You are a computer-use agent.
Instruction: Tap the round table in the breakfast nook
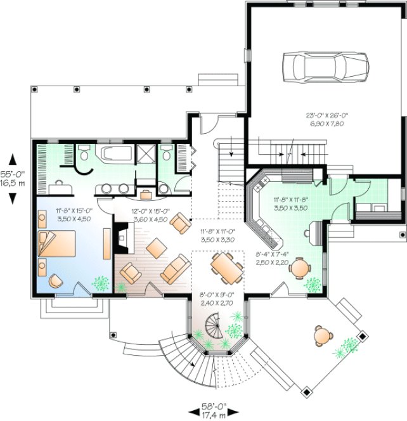(x=299, y=269)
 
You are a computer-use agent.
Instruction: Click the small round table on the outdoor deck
(x=323, y=334)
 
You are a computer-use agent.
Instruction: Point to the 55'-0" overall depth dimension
(x=13, y=177)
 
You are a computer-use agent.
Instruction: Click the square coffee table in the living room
(x=154, y=247)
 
